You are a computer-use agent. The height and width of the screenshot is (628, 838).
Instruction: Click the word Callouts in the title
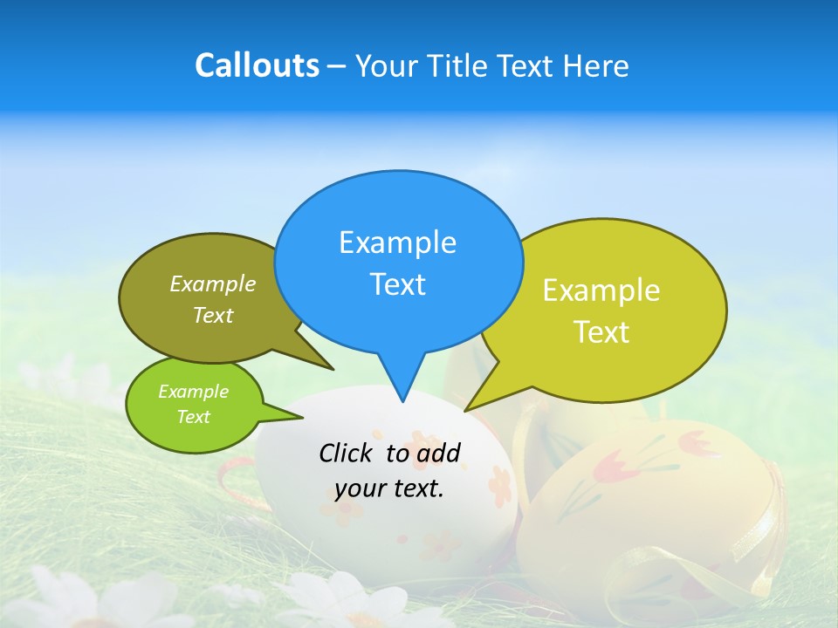[x=257, y=65]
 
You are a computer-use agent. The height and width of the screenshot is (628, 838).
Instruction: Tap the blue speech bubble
[x=398, y=262]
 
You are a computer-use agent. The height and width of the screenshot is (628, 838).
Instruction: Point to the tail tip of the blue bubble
[x=402, y=401]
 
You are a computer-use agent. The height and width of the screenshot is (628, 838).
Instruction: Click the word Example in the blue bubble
[x=397, y=242]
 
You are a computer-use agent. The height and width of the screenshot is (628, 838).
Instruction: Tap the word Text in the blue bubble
[x=398, y=284]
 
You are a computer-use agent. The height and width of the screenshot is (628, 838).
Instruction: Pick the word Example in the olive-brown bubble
[x=213, y=283]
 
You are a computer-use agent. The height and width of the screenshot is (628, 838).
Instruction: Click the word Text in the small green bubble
[x=194, y=417]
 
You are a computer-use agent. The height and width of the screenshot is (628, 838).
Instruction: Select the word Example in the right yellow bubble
[x=601, y=290]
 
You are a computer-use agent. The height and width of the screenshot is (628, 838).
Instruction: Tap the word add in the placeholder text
[x=437, y=453]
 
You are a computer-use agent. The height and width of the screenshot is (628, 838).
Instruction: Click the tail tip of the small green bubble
[x=302, y=418]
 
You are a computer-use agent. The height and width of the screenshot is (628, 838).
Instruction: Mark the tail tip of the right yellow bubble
[x=465, y=410]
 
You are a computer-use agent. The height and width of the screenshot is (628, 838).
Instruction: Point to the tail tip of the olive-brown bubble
[x=333, y=369]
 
